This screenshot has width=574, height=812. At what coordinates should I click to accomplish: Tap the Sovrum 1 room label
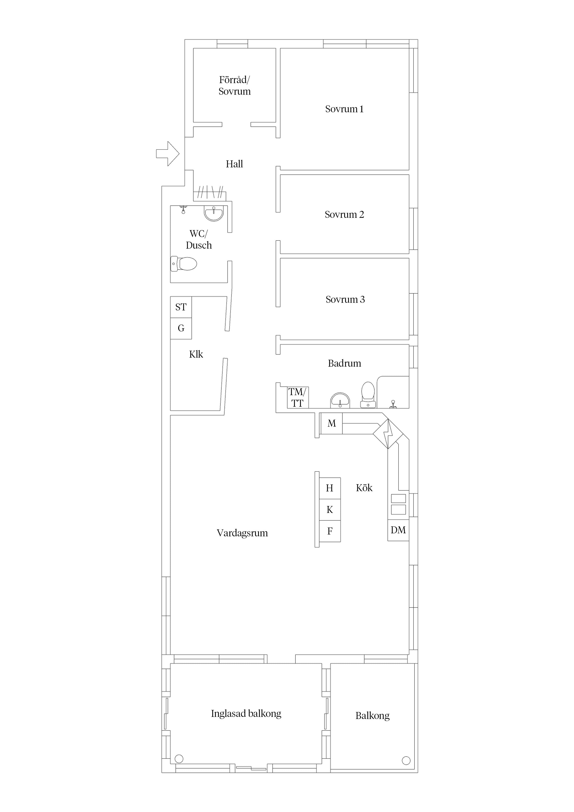coord(344,109)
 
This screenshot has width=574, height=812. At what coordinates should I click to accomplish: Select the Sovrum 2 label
coord(344,214)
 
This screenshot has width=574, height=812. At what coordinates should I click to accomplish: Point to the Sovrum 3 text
coord(345,299)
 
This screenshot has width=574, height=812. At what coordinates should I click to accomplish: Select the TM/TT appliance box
coord(297,397)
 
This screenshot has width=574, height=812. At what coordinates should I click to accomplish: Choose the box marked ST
coord(181,307)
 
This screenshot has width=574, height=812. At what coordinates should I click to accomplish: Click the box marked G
coord(181,328)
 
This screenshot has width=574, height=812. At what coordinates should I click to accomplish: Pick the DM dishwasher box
coord(398,530)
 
